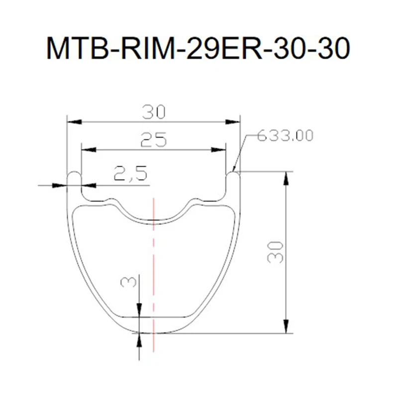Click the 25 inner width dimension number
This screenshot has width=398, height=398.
coord(153,141)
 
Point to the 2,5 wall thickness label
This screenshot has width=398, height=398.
coord(130,174)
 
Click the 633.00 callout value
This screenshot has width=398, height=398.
coord(285,135)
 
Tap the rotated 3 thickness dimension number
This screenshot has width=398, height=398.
coord(129,283)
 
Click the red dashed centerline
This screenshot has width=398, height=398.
coord(154,259)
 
